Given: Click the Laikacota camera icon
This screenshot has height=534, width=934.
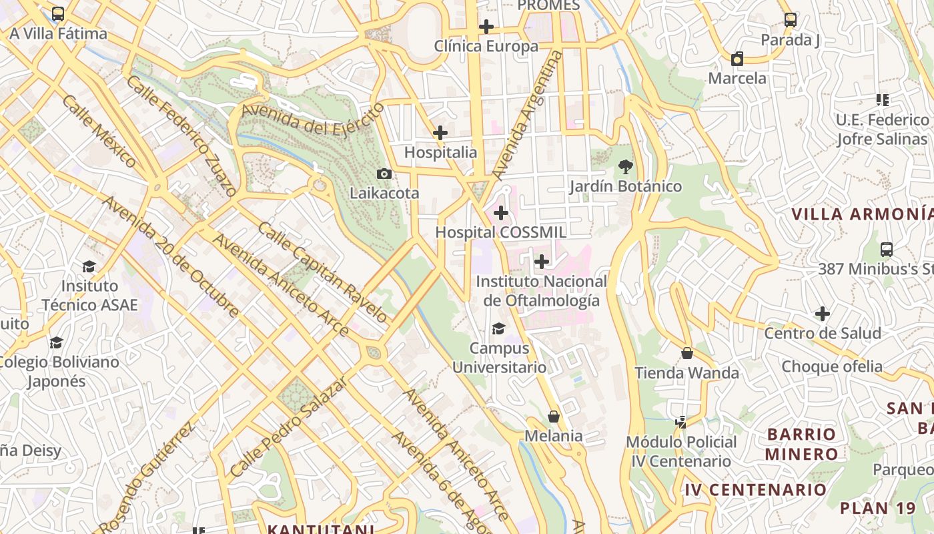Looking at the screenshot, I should [384, 174].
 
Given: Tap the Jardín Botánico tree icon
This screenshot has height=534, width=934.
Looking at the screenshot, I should [625, 167].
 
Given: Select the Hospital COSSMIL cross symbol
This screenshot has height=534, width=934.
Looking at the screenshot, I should [500, 214].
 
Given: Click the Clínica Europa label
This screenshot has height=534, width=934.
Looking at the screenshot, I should [486, 46].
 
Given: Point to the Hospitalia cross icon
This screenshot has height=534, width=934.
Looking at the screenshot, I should [440, 133].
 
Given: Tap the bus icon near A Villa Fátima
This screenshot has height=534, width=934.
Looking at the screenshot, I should [58, 14].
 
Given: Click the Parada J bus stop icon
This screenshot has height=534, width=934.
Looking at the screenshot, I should [791, 20].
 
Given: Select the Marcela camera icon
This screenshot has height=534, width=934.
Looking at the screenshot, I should [737, 59].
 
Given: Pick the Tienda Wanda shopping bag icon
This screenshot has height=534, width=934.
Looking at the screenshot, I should [687, 353].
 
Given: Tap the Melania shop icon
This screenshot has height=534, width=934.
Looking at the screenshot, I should [554, 417].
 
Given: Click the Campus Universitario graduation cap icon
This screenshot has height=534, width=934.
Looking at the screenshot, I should [498, 328].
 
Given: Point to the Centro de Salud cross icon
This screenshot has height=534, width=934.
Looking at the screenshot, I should [823, 313].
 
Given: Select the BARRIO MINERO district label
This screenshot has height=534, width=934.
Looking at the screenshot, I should [801, 444].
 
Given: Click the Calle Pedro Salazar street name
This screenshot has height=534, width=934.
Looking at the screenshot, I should [289, 426].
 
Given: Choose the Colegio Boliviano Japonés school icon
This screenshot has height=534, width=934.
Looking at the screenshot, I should [57, 342].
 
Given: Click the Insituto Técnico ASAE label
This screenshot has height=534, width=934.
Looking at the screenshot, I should [89, 295].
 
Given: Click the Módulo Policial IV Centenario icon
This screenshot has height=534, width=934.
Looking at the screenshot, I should [681, 422].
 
